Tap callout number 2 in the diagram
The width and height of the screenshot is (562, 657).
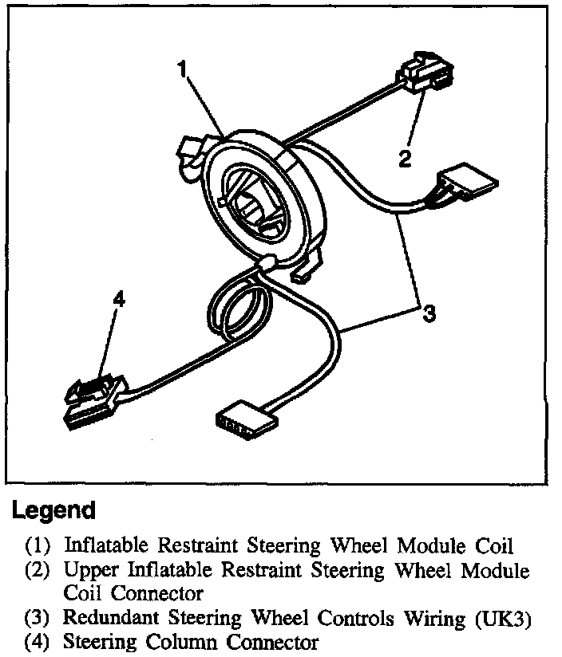click(406, 158)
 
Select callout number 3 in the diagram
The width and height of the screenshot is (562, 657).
click(429, 313)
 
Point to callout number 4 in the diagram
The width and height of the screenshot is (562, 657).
click(119, 299)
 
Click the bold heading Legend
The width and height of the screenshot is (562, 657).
click(53, 511)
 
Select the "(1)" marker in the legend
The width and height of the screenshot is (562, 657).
click(37, 546)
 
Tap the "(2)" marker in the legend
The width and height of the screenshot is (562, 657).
click(37, 570)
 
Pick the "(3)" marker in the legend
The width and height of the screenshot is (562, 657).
click(37, 618)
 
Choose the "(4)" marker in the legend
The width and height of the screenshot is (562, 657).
click(37, 642)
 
